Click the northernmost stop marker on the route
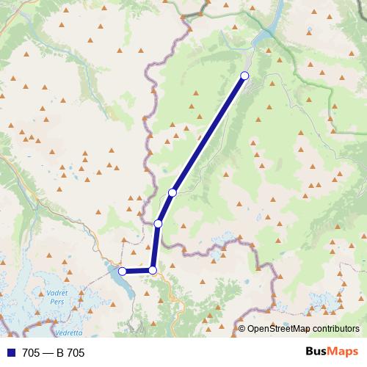pos(244,76)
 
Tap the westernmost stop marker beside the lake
pos(123,272)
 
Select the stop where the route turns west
pos(153,270)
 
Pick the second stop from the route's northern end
pos(172,192)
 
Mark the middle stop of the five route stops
pos(158,223)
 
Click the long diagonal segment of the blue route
pos(209,134)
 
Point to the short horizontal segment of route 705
pos(138,271)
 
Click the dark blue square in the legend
pos(12,353)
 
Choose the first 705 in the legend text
pos(32,353)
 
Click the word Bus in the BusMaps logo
pos(318,352)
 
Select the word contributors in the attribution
pos(337,329)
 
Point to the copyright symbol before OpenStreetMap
pos(241,329)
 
